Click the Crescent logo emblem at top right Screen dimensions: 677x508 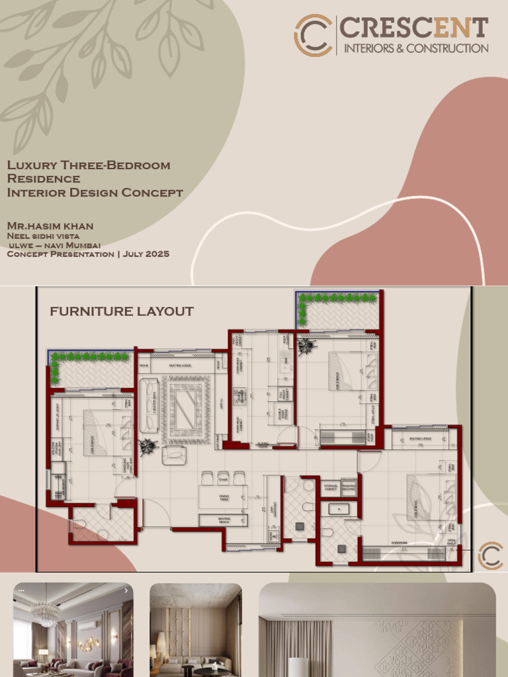pyautogui.click(x=314, y=35)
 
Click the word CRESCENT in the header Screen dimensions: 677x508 pyautogui.click(x=414, y=28)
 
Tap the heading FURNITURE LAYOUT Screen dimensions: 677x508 pyautogui.click(x=122, y=311)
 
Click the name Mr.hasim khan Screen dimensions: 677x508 pyautogui.click(x=50, y=226)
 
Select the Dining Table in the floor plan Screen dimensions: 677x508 pyautogui.click(x=223, y=496)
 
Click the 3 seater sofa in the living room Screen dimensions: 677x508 pyautogui.click(x=149, y=405)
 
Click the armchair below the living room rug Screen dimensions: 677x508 pyautogui.click(x=173, y=454)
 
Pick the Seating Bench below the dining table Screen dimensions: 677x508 pyautogui.click(x=224, y=520)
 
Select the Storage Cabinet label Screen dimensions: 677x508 pyautogui.click(x=330, y=488)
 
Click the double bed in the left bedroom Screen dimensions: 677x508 pyautogui.click(x=106, y=432)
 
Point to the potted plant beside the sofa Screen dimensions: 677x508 pyautogui.click(x=148, y=447)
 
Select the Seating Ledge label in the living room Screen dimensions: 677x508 pyautogui.click(x=181, y=365)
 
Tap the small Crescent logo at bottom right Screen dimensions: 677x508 pyautogui.click(x=490, y=555)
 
